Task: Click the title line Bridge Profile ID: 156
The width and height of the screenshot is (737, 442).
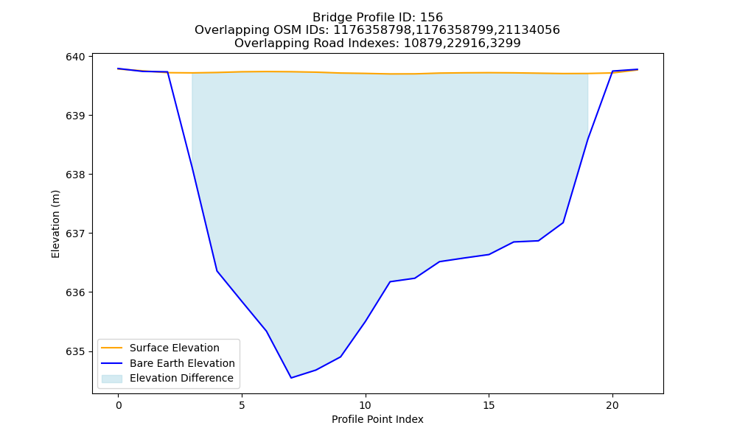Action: pyautogui.click(x=377, y=18)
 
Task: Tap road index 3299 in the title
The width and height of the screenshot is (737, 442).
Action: pyautogui.click(x=506, y=43)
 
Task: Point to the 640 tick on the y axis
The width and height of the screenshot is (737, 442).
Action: pyautogui.click(x=76, y=57)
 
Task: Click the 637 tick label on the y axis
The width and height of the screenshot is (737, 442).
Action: pyautogui.click(x=76, y=234)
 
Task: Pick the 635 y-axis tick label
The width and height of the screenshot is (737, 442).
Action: pyautogui.click(x=76, y=351)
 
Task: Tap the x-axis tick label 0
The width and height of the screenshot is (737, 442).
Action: pyautogui.click(x=119, y=405)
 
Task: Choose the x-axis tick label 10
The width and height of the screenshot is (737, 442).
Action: pyautogui.click(x=366, y=405)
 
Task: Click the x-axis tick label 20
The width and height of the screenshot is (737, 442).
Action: pyautogui.click(x=612, y=405)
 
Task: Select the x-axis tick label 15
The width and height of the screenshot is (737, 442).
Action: pyautogui.click(x=489, y=405)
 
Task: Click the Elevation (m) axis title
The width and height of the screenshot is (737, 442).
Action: pyautogui.click(x=55, y=224)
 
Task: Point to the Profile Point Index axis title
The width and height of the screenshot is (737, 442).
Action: pyautogui.click(x=377, y=419)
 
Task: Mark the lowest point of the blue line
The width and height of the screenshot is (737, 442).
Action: pyautogui.click(x=291, y=378)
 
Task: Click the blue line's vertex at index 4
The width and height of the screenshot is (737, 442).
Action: pyautogui.click(x=217, y=270)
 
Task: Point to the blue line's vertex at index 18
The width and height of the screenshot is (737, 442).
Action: pyautogui.click(x=563, y=222)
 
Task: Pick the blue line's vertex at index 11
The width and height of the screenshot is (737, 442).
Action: pyautogui.click(x=390, y=281)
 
